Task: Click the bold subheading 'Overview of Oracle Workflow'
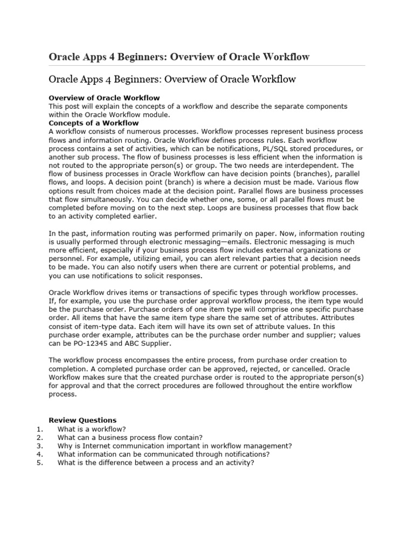[x=104, y=98]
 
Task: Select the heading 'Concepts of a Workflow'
[x=94, y=123]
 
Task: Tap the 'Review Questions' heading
[x=82, y=420]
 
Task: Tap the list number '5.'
[x=39, y=463]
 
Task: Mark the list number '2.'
[x=39, y=437]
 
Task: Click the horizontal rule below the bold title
[x=206, y=66]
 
